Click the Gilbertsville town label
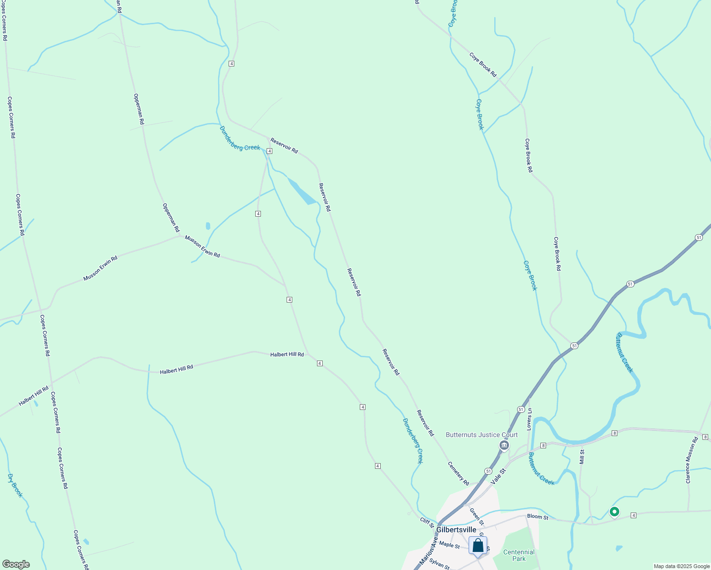(x=456, y=530)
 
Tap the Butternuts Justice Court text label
(x=481, y=435)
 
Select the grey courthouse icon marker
(x=504, y=445)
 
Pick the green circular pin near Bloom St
(x=614, y=512)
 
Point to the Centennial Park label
(x=519, y=555)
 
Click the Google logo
(x=15, y=564)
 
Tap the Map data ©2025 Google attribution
(x=681, y=566)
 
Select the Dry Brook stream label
(x=15, y=485)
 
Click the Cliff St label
(x=427, y=522)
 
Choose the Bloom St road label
(x=538, y=517)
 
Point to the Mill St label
(x=582, y=457)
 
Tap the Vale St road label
(x=499, y=475)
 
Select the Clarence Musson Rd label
(x=692, y=460)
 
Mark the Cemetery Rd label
(x=458, y=473)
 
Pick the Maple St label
(x=449, y=545)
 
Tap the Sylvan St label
(x=439, y=564)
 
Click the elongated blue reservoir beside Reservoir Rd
(x=301, y=192)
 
